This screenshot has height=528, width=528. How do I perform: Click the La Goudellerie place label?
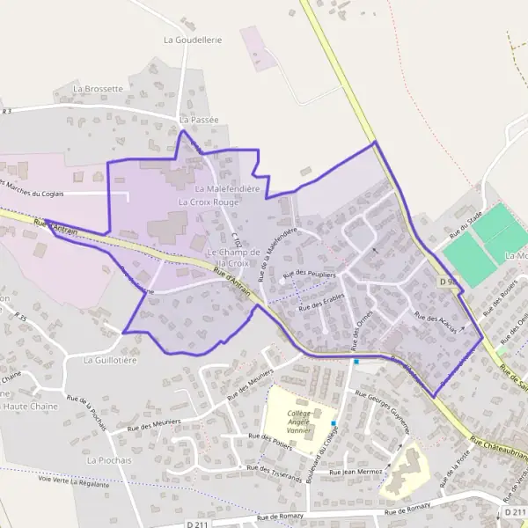[193, 40]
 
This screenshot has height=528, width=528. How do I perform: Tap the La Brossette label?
[98, 89]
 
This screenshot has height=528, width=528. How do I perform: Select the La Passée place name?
[197, 119]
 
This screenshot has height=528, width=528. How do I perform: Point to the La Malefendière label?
[227, 188]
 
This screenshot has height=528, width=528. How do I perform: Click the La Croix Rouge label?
[209, 202]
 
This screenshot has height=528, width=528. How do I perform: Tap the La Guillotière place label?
[112, 360]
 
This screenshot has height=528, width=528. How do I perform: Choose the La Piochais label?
[109, 459]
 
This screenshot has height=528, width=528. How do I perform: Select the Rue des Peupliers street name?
[309, 275]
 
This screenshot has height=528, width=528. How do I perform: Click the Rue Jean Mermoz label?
[356, 473]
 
